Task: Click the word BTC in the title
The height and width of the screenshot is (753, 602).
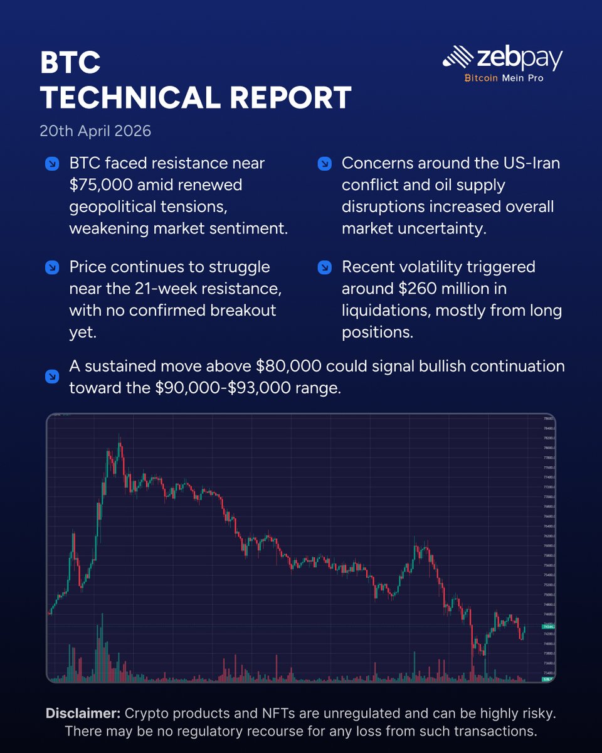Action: coord(70,63)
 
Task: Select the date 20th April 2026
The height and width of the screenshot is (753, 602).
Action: coord(95,132)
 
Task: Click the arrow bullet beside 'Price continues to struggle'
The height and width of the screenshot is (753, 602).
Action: coord(53,268)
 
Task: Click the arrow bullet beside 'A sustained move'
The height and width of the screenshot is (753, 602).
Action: coord(53,377)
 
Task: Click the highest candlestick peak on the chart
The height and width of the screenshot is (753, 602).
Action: coord(120,444)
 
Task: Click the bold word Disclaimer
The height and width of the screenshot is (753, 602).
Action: coord(83,713)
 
